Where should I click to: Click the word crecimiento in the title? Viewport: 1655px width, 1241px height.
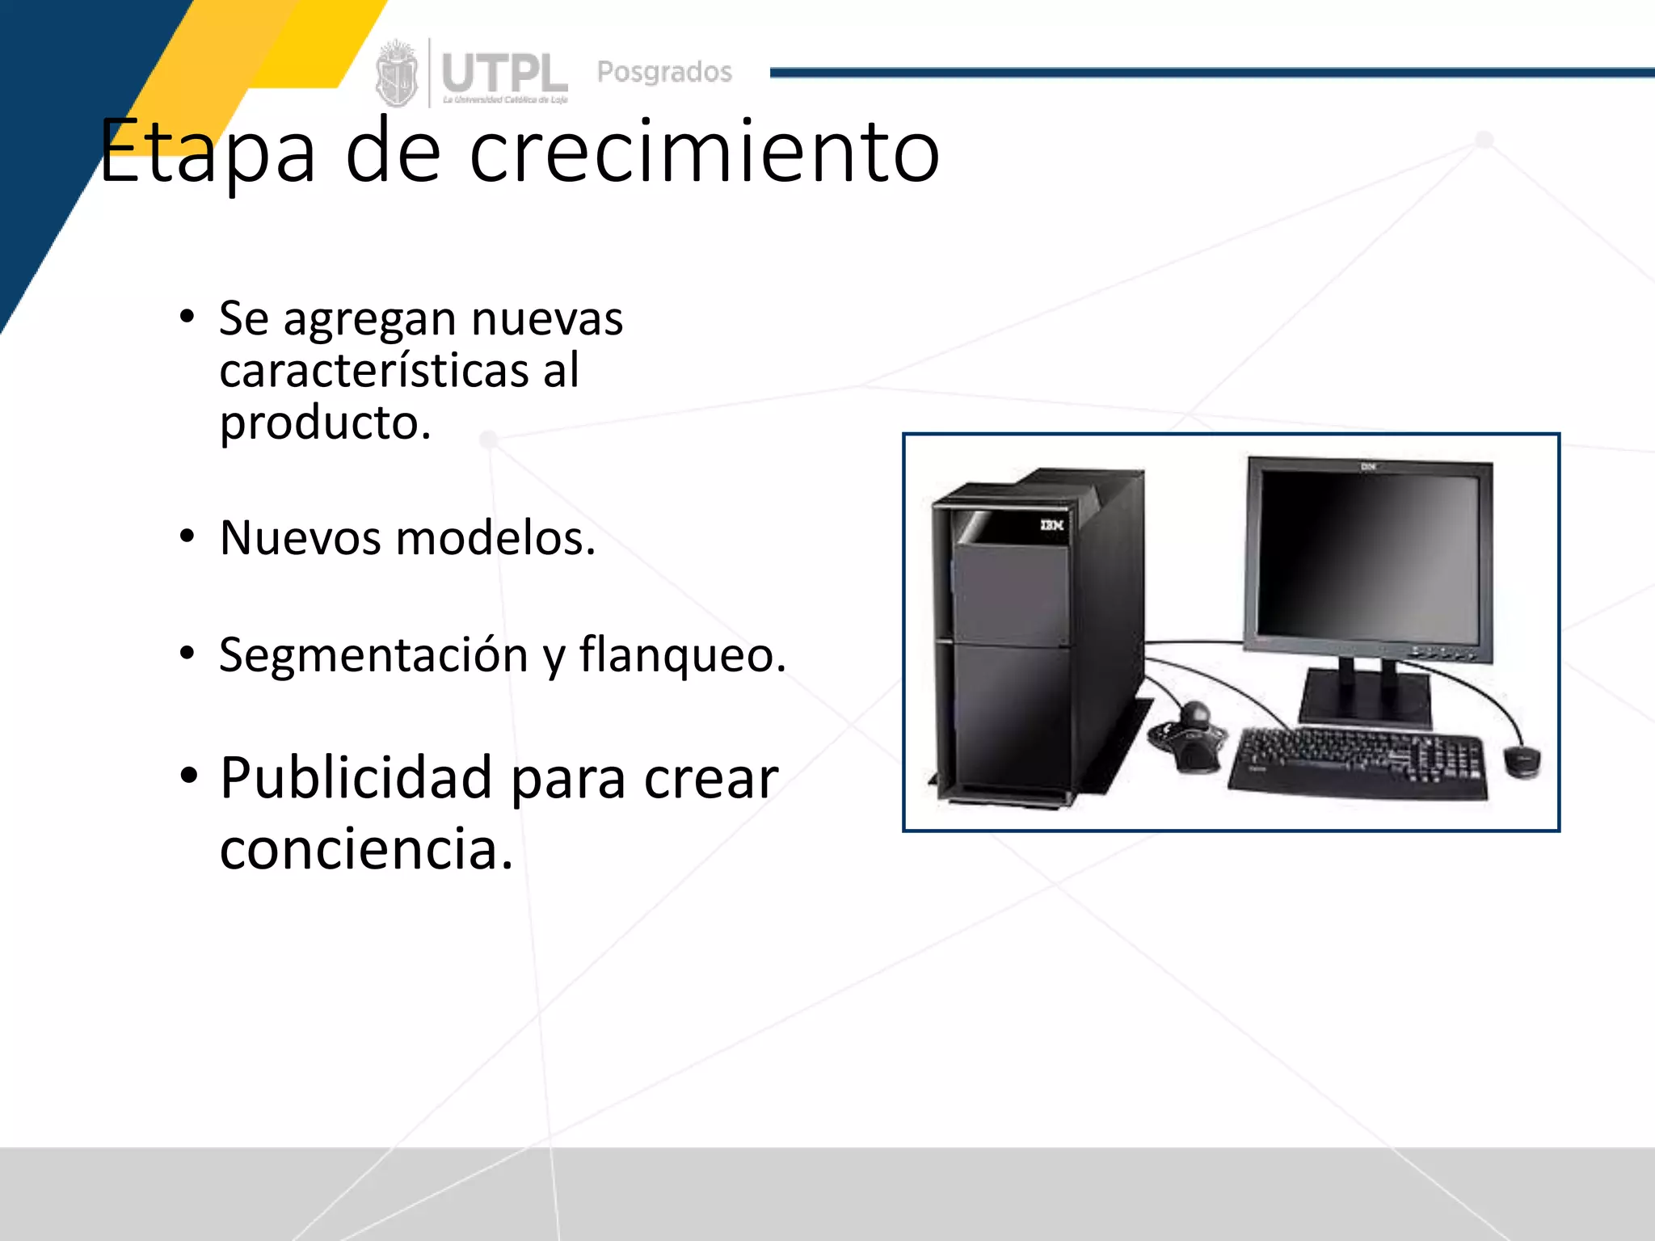point(704,152)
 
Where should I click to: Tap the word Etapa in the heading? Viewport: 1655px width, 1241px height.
point(207,152)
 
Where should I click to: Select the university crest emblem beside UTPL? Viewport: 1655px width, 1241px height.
point(396,74)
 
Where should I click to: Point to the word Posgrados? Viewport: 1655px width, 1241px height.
point(664,72)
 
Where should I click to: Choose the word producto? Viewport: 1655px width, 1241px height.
point(325,423)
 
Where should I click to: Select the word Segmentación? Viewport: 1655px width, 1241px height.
point(373,654)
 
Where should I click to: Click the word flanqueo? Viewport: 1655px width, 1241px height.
point(682,654)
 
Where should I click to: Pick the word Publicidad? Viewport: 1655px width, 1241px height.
point(356,778)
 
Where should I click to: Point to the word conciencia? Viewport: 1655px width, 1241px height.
point(365,849)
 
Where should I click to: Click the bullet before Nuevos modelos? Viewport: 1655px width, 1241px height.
point(187,536)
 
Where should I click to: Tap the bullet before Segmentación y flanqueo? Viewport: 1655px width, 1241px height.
point(187,653)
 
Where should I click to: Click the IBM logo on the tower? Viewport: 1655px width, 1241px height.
point(1051,525)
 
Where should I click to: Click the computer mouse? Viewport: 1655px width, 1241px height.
point(1522,761)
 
